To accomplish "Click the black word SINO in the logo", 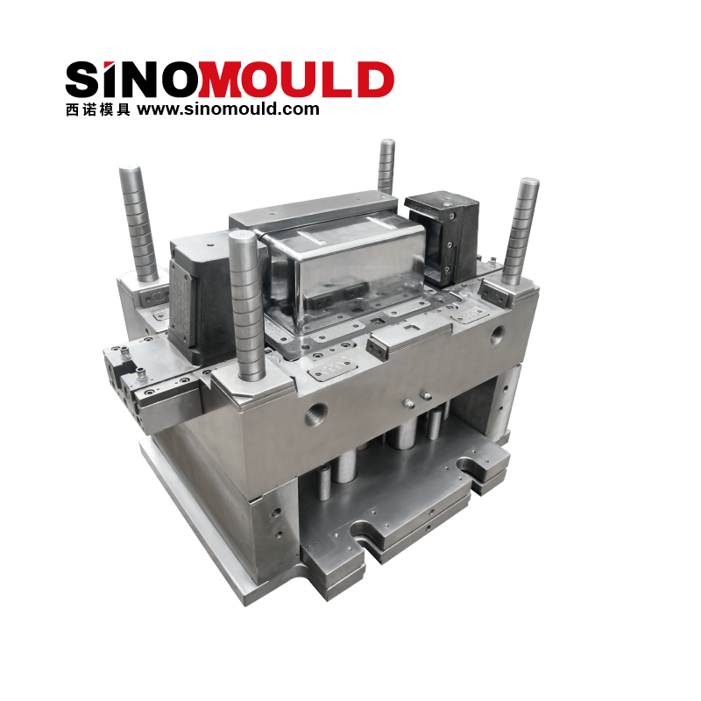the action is [132, 79].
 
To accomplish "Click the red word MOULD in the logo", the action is [296, 80].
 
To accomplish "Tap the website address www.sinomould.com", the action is [228, 109].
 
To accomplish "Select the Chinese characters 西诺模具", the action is [98, 110].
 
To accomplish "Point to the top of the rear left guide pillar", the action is [130, 171].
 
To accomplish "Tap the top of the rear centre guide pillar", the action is [386, 143].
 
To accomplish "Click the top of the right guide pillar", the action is [528, 182].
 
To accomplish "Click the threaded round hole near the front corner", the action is [316, 414].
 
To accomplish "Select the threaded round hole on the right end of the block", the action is [497, 334].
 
